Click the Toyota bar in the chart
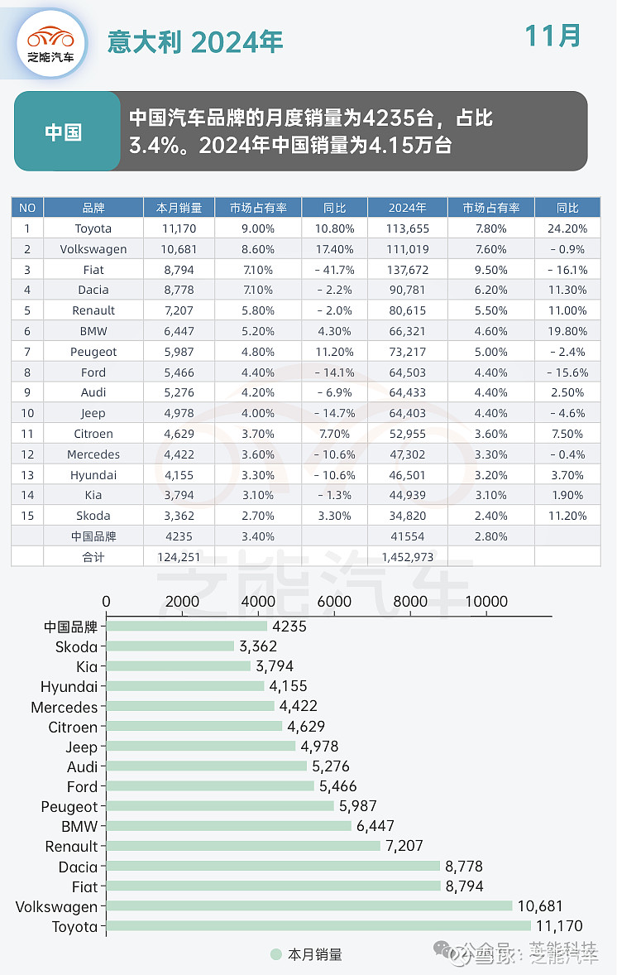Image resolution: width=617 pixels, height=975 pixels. [318, 926]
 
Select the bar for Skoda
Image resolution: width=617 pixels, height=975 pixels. [170, 646]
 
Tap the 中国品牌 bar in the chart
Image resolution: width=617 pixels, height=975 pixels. [187, 627]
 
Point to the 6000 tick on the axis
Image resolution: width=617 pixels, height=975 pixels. [334, 602]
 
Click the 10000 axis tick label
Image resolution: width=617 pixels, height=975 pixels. [485, 602]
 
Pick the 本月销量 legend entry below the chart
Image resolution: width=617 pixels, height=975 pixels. [306, 954]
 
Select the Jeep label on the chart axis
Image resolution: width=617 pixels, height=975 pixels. [82, 747]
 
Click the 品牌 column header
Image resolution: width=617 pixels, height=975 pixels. [93, 208]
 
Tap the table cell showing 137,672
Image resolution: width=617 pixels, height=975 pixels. [407, 270]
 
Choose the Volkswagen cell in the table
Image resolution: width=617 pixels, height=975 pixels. [93, 249]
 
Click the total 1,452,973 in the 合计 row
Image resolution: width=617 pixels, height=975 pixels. [407, 557]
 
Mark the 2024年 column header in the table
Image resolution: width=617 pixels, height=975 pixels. [407, 208]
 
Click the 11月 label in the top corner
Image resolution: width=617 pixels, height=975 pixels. [552, 36]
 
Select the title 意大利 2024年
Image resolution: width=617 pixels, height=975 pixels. [195, 41]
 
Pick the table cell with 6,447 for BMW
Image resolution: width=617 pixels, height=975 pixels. [179, 331]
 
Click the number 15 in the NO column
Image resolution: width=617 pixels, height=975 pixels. [27, 516]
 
